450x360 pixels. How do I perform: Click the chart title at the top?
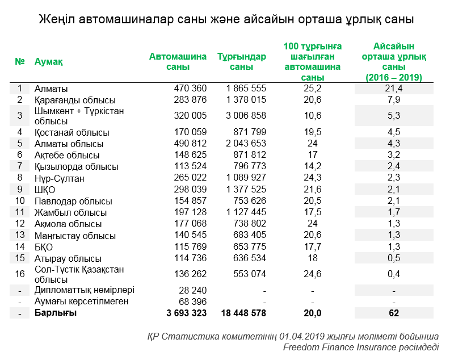click(226, 19)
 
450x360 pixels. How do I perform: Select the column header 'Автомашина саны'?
click(178, 61)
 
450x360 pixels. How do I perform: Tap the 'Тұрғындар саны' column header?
click(241, 61)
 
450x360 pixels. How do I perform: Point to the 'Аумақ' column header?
click(49, 61)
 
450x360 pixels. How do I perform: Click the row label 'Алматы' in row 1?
click(51, 89)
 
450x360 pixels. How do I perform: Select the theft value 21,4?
click(393, 89)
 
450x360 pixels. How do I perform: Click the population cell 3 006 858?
click(246, 116)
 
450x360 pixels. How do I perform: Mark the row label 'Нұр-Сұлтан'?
click(59, 178)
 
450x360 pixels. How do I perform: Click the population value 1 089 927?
click(246, 178)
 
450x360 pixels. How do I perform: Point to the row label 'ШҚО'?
click(45, 190)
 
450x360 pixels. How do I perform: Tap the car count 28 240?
click(193, 290)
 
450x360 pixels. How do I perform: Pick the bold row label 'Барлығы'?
click(55, 313)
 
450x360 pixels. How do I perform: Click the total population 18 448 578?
click(242, 313)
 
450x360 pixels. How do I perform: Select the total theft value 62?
click(393, 313)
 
